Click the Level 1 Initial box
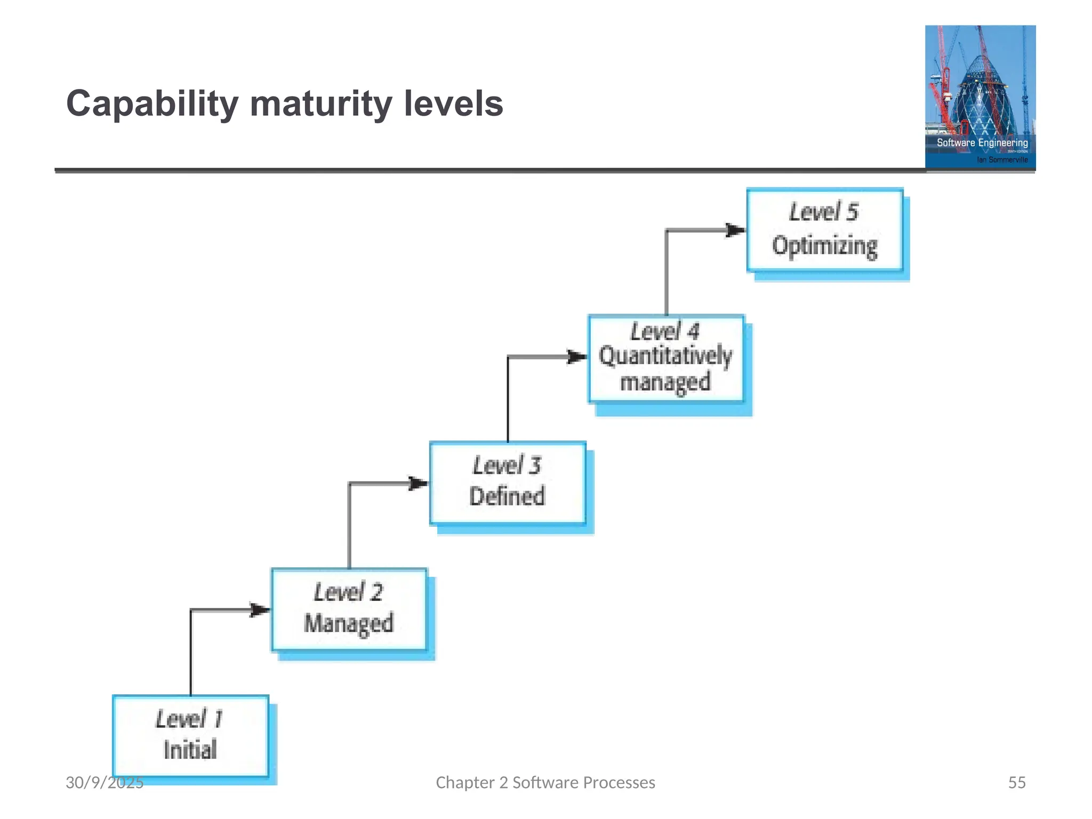pyautogui.click(x=190, y=736)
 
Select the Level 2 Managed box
pyautogui.click(x=349, y=609)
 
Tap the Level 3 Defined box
pyautogui.click(x=508, y=483)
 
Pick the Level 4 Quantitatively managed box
pyautogui.click(x=666, y=358)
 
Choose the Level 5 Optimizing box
pyautogui.click(x=824, y=230)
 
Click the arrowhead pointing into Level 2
pyautogui.click(x=260, y=609)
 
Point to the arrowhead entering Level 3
pyautogui.click(x=418, y=484)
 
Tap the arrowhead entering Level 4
pyautogui.click(x=577, y=357)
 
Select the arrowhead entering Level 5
pyautogui.click(x=736, y=230)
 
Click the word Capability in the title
pyautogui.click(x=152, y=104)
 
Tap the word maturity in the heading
pyautogui.click(x=320, y=104)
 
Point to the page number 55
pyautogui.click(x=1016, y=782)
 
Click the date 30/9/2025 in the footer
pyautogui.click(x=105, y=782)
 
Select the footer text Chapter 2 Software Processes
pyautogui.click(x=545, y=782)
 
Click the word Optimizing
pyautogui.click(x=824, y=246)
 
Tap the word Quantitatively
pyautogui.click(x=665, y=356)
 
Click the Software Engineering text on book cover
pyautogui.click(x=982, y=142)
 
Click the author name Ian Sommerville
pyautogui.click(x=1002, y=159)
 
